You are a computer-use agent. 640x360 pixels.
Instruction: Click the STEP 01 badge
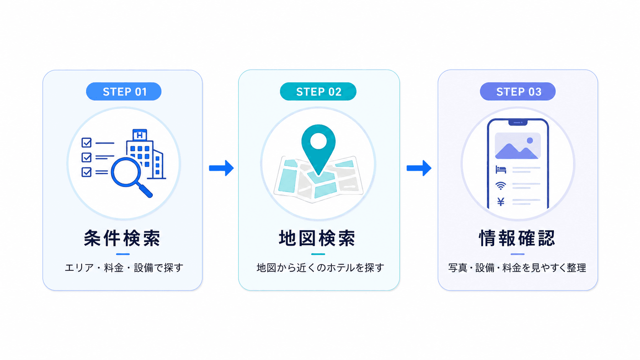coord(124,91)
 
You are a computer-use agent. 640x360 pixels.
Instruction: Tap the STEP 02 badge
coord(318,91)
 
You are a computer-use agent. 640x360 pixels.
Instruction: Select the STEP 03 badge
coord(518,91)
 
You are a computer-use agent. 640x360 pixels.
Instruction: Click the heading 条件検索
coord(122,238)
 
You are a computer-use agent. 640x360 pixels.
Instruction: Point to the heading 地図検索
coord(317,238)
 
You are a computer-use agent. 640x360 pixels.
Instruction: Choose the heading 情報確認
coord(517,238)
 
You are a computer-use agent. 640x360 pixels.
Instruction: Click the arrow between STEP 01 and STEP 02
coord(221,168)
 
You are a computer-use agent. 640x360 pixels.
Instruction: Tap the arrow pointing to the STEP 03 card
coord(419,168)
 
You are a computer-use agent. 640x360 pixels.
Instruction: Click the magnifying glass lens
coord(126,172)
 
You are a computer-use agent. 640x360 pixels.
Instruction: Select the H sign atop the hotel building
coord(140,135)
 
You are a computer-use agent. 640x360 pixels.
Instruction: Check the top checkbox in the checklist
coord(87,142)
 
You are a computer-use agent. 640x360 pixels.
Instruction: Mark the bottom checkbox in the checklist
coord(87,172)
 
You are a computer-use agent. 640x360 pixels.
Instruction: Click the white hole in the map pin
coord(318,141)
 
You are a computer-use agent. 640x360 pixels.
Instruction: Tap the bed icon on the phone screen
coord(501,169)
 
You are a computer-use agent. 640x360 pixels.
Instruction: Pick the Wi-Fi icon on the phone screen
coord(501,186)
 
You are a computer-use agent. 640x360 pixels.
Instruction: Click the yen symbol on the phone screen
coord(501,202)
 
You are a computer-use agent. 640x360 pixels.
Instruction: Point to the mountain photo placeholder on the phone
coord(518,146)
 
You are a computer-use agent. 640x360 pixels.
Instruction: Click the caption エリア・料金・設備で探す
coord(124,268)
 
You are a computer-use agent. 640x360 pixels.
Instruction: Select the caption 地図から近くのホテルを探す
coord(320,268)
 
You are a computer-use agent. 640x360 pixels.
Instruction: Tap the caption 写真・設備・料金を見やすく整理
coord(517,268)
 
